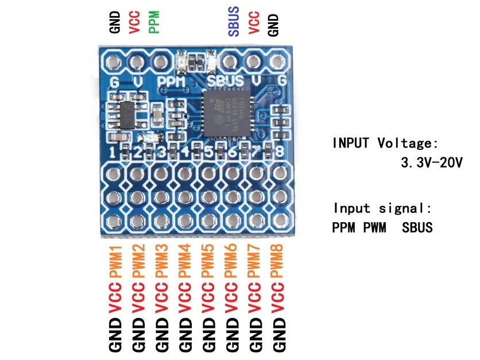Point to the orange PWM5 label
[208, 261]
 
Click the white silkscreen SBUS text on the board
[226, 82]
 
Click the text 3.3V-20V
[432, 162]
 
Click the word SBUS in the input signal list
[417, 228]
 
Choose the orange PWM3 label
[161, 261]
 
